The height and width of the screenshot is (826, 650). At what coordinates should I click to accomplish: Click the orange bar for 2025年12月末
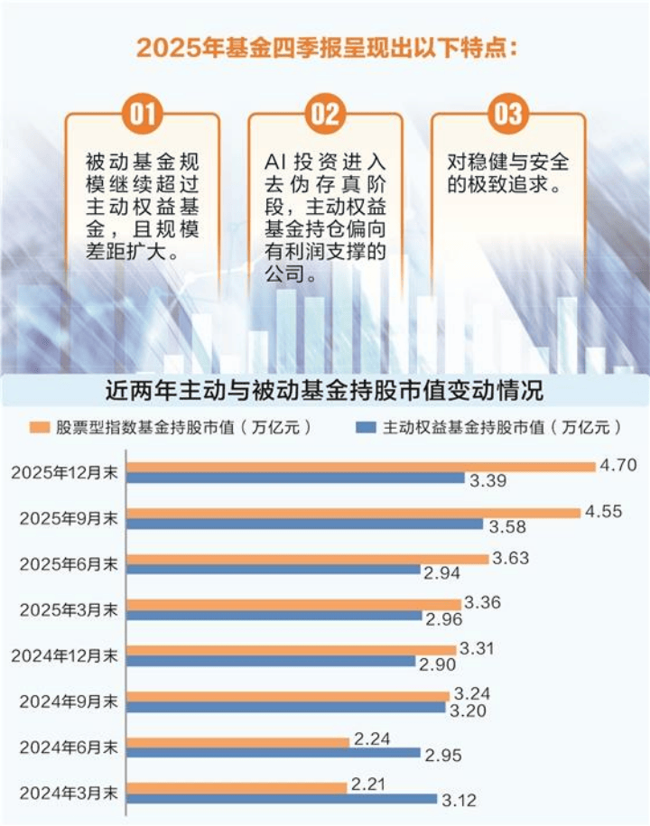click(361, 467)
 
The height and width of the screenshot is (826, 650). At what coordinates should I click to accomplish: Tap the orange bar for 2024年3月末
click(236, 787)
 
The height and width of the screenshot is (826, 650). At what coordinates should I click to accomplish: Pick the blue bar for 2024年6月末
click(273, 753)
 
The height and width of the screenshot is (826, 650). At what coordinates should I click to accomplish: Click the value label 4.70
click(618, 466)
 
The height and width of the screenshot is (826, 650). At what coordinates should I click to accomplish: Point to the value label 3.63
click(511, 558)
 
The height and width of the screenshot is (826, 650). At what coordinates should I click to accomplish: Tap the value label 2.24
click(371, 739)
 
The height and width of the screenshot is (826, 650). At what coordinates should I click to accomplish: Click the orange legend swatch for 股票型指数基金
click(37, 427)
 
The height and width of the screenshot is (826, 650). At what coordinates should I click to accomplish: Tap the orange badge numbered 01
click(142, 114)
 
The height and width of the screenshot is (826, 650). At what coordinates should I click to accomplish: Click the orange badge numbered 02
click(325, 114)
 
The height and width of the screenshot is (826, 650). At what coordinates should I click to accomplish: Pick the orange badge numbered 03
click(507, 114)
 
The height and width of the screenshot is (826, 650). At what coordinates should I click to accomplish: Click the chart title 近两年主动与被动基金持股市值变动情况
click(324, 392)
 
